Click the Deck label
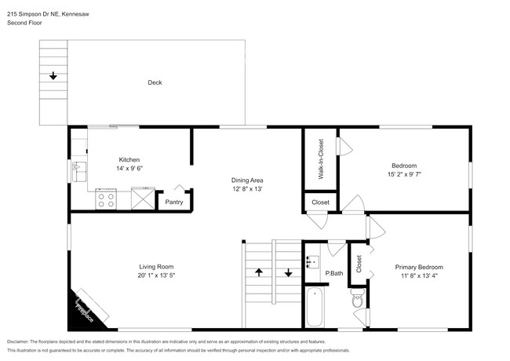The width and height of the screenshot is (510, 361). tap(155, 82)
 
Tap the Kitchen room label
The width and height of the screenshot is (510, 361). tap(129, 159)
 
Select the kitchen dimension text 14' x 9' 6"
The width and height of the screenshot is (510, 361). tap(129, 169)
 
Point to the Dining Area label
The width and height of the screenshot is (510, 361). tap(246, 180)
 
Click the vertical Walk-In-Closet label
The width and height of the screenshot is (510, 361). tap(320, 159)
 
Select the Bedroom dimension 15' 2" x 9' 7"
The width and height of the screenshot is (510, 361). tap(404, 175)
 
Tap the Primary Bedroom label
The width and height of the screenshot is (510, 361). tap(418, 267)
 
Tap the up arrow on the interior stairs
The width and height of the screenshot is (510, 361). tap(258, 274)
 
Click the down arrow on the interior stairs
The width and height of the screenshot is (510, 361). tap(287, 274)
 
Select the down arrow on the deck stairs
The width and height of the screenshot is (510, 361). tap(53, 76)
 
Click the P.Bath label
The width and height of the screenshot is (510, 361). tap(334, 273)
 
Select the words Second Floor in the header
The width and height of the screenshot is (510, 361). tap(24, 23)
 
